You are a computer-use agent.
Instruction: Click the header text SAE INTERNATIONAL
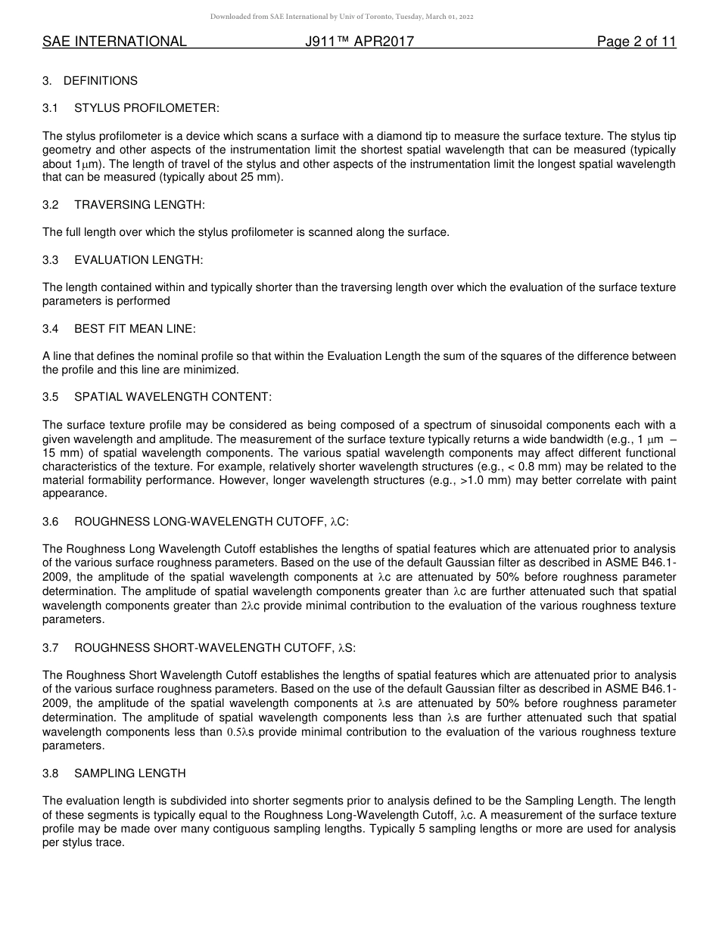point(114,42)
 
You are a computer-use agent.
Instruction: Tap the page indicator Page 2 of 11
point(636,42)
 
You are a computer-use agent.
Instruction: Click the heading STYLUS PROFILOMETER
point(146,108)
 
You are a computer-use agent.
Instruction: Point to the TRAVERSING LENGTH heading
point(139,205)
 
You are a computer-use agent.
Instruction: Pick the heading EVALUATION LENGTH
point(139,260)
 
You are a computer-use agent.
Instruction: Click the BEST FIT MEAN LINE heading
point(135,329)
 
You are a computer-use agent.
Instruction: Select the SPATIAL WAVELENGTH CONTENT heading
point(173,397)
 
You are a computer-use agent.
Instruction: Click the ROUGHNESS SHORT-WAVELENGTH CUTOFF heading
point(214,648)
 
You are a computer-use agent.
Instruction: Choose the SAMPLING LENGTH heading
point(129,773)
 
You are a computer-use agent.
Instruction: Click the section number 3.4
point(51,329)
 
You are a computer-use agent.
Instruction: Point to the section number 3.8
point(51,773)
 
